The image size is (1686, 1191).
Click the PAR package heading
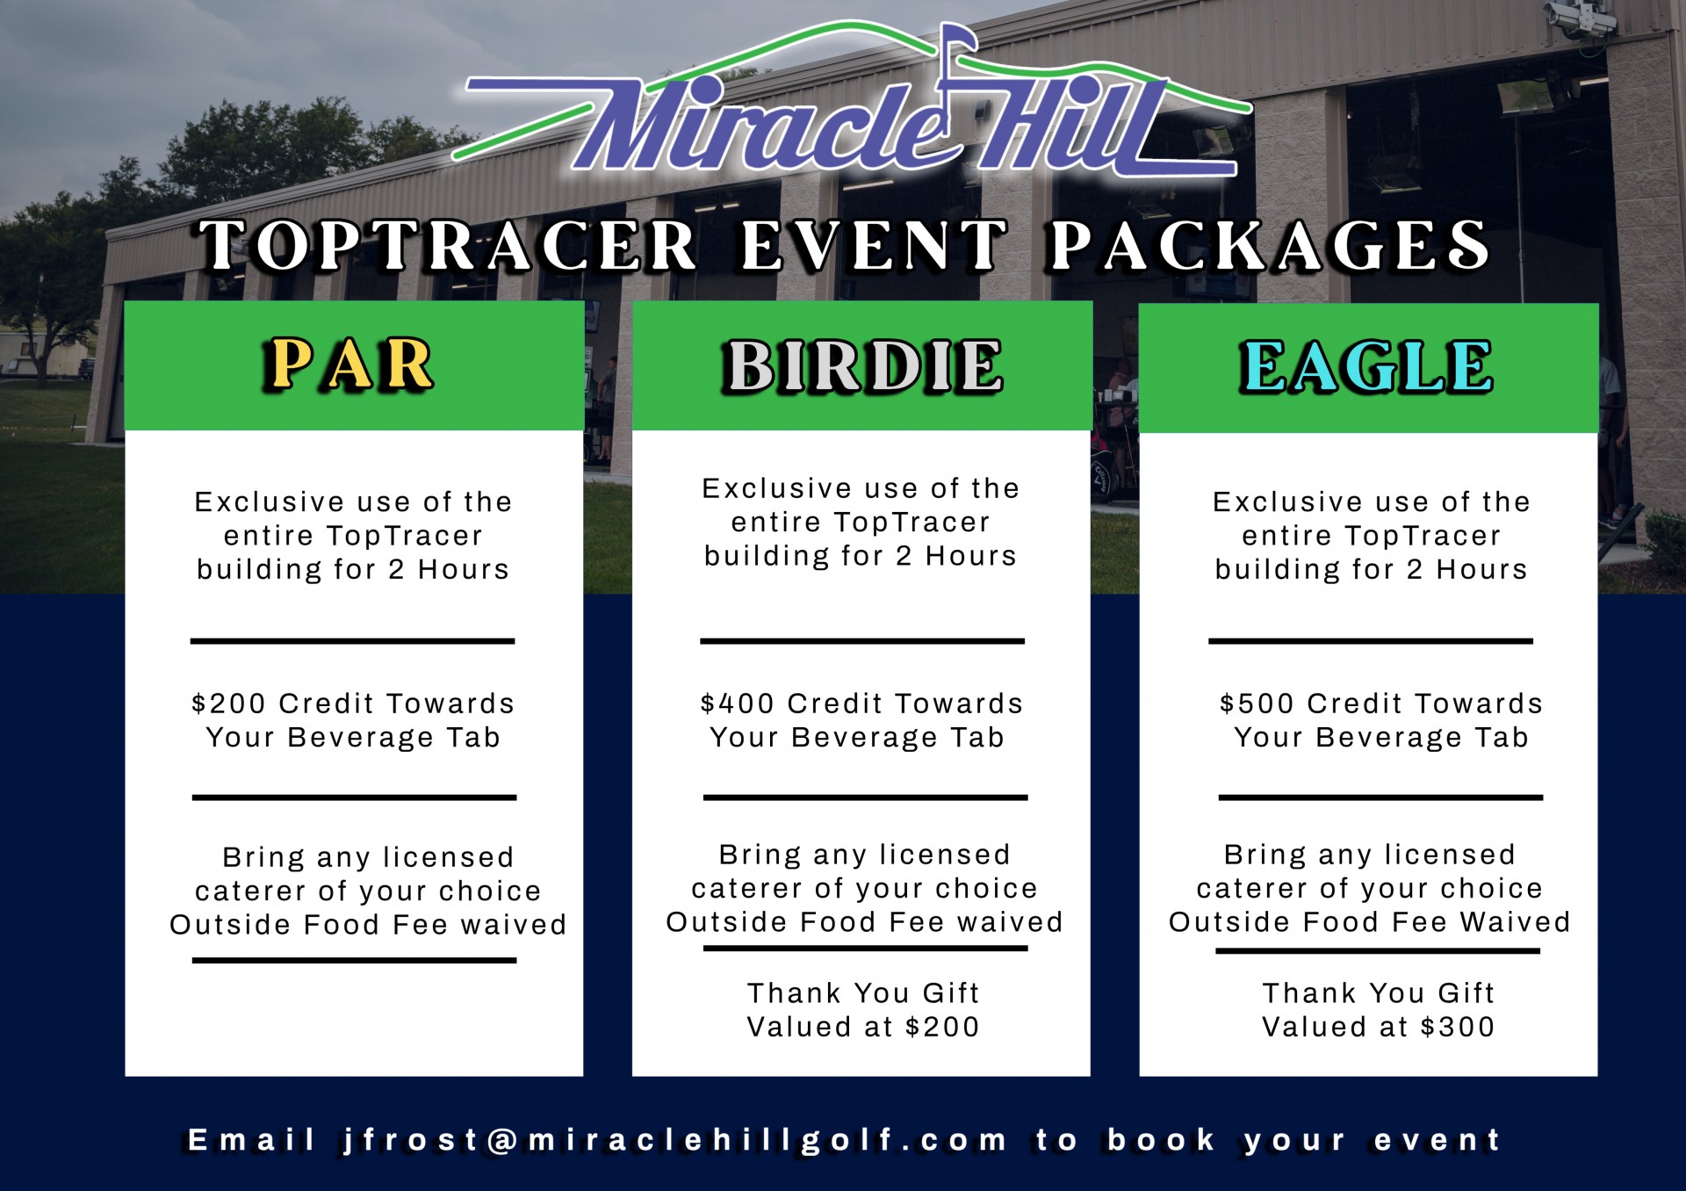(x=348, y=364)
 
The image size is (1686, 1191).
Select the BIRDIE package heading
(x=862, y=366)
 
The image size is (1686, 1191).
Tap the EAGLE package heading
(x=1366, y=366)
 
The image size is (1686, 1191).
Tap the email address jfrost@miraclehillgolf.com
(x=674, y=1140)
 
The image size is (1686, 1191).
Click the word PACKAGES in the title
(x=1270, y=245)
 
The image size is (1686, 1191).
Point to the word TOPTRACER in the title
(x=449, y=245)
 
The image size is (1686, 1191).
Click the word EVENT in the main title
(x=874, y=245)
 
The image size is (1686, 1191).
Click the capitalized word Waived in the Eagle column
(x=1515, y=922)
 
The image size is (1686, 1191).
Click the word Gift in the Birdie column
(x=950, y=993)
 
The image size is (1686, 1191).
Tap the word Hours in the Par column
(x=464, y=569)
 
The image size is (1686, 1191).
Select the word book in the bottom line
(x=1161, y=1140)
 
